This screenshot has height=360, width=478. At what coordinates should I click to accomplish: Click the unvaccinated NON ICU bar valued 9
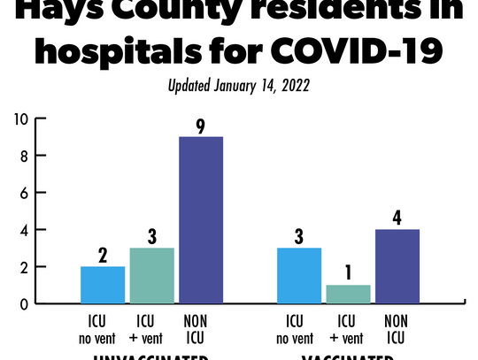(x=201, y=220)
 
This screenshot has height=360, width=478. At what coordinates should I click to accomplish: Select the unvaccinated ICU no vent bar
(x=103, y=284)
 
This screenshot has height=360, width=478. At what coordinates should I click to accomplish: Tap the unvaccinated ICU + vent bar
(x=151, y=275)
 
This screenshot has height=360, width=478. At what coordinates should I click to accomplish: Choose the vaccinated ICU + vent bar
(x=348, y=294)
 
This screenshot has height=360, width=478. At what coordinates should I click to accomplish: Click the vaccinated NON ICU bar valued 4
(x=397, y=266)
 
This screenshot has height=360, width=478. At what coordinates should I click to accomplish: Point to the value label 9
(x=201, y=124)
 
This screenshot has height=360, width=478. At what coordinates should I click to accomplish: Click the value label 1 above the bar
(x=348, y=272)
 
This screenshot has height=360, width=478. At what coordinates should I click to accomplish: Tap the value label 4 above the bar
(x=397, y=216)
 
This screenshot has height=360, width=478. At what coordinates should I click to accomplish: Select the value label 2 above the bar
(x=103, y=254)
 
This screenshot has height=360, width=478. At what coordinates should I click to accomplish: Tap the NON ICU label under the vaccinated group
(x=397, y=326)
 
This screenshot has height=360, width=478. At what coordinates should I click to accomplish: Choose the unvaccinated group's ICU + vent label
(x=151, y=326)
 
